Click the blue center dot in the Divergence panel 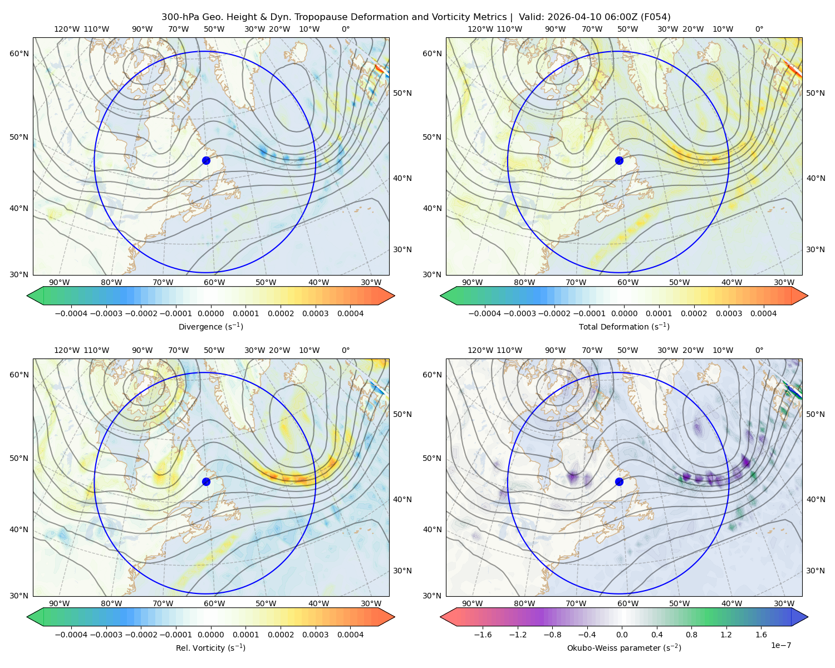(206, 161)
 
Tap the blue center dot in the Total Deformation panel (619, 161)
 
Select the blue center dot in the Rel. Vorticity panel (206, 482)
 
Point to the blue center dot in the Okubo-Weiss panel (619, 482)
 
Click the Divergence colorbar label (210, 327)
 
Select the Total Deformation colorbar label (624, 327)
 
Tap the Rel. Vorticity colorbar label (210, 648)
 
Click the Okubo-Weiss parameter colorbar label (624, 648)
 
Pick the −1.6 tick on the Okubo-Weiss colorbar (483, 635)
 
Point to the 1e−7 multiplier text (780, 645)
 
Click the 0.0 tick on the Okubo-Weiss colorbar (622, 635)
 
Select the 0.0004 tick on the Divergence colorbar (350, 313)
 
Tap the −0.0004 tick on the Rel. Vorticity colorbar (71, 635)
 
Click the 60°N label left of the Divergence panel (19, 53)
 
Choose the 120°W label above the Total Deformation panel (480, 29)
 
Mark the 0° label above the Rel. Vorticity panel (346, 350)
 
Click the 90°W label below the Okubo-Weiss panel (472, 603)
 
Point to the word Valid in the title (529, 17)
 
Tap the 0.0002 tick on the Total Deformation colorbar (694, 313)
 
